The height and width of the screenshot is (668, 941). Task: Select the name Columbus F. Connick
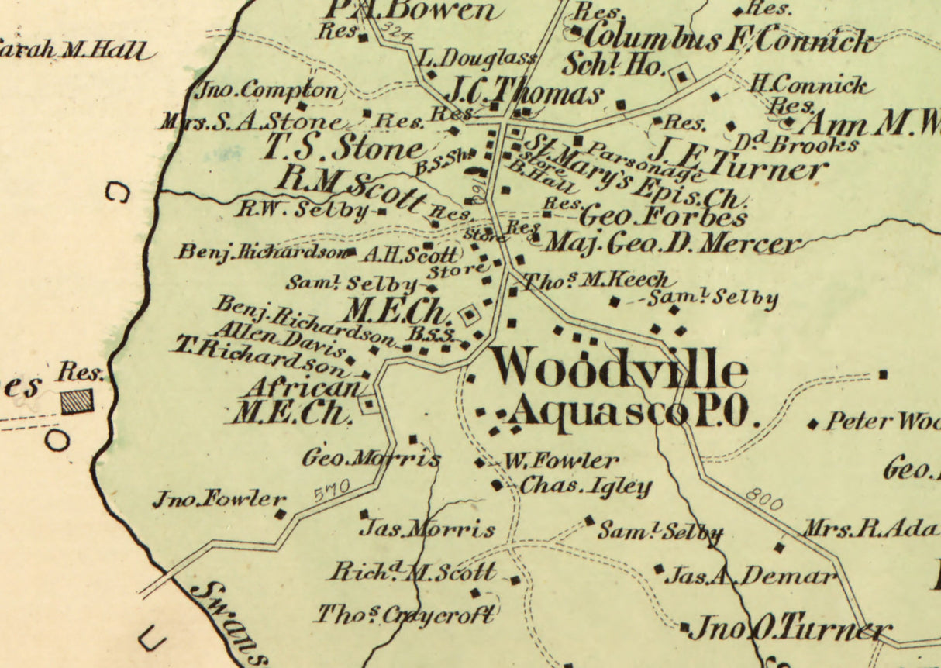(x=727, y=39)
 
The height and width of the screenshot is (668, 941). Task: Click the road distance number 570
(x=333, y=491)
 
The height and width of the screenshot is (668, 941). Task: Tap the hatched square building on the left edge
(x=77, y=401)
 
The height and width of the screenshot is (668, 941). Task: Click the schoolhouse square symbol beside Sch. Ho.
(x=681, y=76)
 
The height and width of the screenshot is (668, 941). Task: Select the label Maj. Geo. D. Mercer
(x=671, y=244)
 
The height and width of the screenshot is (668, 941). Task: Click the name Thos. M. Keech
(x=595, y=280)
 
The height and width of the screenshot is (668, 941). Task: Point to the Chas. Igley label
(x=585, y=487)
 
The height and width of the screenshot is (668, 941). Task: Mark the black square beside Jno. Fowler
(x=281, y=513)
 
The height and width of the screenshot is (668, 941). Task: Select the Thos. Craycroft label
(x=404, y=615)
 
